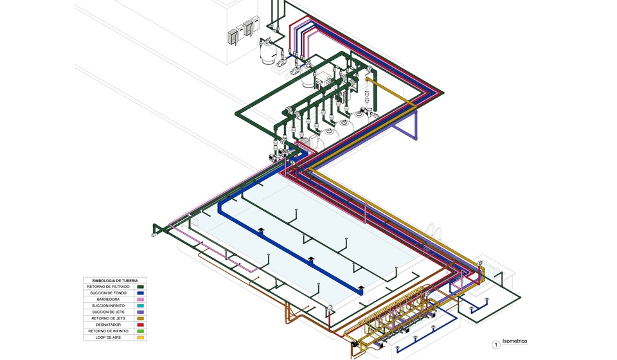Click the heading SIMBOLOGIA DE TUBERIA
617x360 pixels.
(x=115, y=280)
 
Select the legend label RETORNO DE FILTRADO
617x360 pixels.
(x=108, y=287)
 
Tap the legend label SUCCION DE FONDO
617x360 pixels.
(x=108, y=293)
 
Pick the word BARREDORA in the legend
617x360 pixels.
(x=108, y=300)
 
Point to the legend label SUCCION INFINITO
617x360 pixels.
(x=108, y=306)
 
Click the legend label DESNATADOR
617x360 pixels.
(x=108, y=325)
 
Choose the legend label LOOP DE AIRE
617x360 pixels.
(x=108, y=337)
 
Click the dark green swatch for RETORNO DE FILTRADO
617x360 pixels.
(x=141, y=287)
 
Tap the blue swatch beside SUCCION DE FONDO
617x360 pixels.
(x=141, y=293)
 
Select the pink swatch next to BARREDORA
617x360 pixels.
(x=141, y=300)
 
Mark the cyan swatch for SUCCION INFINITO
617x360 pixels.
(x=141, y=306)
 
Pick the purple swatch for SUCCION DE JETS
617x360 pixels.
(x=141, y=312)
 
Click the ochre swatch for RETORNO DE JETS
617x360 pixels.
(x=141, y=319)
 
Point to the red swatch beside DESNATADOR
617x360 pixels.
(x=141, y=325)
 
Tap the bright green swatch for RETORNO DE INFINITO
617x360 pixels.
(x=141, y=331)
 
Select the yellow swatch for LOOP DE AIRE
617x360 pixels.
(x=141, y=337)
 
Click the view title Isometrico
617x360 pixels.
(x=515, y=341)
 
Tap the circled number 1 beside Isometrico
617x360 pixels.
(x=496, y=345)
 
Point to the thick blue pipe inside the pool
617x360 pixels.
(x=289, y=249)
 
